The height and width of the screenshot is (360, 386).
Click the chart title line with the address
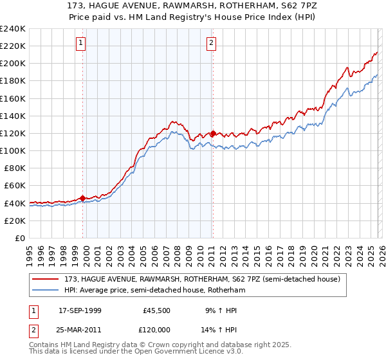coord(193,5)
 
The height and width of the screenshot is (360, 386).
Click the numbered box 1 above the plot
coord(81,43)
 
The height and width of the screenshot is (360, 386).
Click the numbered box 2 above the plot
coord(211,43)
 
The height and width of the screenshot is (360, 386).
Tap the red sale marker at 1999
coord(82,198)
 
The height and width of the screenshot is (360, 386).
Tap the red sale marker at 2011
coord(213,133)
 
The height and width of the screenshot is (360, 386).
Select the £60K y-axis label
coord(15,185)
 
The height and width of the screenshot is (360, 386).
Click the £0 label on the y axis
coord(19,238)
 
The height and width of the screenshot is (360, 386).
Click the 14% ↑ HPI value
coord(221,330)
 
